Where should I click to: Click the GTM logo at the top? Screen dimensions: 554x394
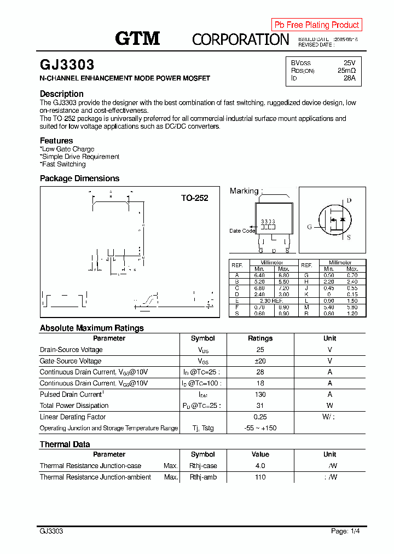pos(137,38)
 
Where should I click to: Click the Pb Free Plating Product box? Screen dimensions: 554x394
pos(316,25)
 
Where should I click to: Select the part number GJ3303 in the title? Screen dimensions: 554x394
pos(67,65)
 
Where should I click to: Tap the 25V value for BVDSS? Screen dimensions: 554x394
pos(349,63)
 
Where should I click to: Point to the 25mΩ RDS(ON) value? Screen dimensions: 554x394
pos(346,71)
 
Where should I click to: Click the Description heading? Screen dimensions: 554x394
pos(62,94)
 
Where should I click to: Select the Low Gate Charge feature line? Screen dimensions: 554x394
pos(68,149)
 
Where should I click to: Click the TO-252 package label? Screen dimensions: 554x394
pos(194,198)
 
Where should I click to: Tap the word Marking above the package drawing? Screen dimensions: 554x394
pos(244,191)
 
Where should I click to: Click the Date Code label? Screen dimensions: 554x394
pos(242,230)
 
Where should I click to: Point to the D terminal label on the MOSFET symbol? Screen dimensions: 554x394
pos(349,200)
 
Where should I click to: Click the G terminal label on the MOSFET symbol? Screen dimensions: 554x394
pos(309,227)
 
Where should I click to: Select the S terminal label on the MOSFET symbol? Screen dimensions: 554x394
pos(349,237)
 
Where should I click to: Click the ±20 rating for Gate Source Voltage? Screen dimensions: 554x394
pos(260,361)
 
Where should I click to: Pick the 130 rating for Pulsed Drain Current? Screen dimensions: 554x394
pos(260,394)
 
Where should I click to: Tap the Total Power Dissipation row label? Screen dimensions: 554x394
pos(74,406)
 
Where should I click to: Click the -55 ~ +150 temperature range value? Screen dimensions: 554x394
pos(260,428)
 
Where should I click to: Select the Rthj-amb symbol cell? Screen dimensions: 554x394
pos(203,477)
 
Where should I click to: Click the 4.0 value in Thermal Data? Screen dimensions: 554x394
pos(260,466)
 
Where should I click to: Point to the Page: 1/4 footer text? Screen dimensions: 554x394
pos(345,531)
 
